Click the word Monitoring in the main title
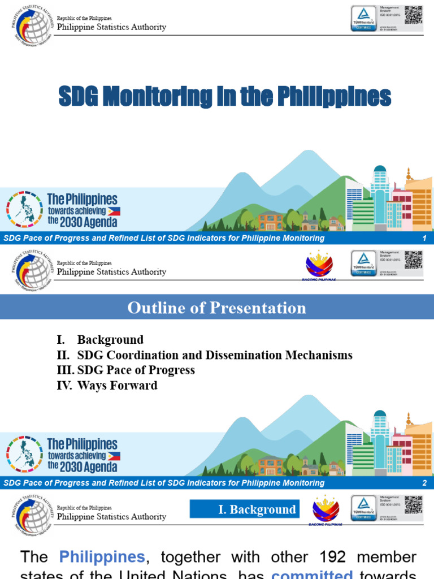point(164,97)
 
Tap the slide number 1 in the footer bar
point(424,238)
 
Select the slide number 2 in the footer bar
point(424,483)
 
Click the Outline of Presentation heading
point(217,308)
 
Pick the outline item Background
point(110,340)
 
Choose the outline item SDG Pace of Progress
point(136,370)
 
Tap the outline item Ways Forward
point(117,386)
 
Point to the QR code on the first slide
point(413,15)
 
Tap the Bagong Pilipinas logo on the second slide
point(319,265)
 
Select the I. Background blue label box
point(244,509)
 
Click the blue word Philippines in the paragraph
point(103,558)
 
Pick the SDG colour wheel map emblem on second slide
point(24,453)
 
